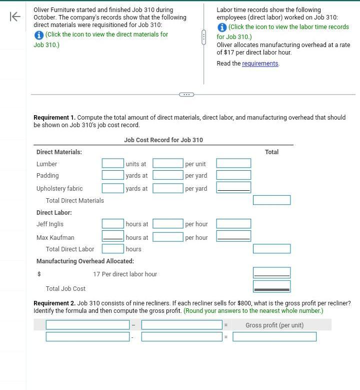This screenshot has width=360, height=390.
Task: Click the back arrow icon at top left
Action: (x=15, y=17)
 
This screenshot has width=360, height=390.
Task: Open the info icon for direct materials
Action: (x=38, y=35)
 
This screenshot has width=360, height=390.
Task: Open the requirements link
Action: (x=260, y=64)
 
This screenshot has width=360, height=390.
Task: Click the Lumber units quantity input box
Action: (x=112, y=163)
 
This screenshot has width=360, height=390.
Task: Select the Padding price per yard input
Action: (x=167, y=175)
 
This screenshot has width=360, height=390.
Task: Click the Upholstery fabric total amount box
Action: (x=233, y=187)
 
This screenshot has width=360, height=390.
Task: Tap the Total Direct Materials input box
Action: (x=271, y=200)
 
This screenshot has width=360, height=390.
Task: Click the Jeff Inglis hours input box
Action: (x=112, y=224)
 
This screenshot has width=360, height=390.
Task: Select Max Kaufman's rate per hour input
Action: (x=167, y=237)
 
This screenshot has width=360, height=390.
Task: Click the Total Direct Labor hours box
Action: (x=112, y=249)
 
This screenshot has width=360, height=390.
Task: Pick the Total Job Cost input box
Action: (x=271, y=287)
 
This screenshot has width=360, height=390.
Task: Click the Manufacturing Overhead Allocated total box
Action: (x=271, y=273)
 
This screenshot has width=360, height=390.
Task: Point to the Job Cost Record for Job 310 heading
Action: (x=163, y=140)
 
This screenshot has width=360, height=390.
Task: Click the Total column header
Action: (x=271, y=152)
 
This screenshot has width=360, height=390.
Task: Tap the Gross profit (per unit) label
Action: (x=274, y=325)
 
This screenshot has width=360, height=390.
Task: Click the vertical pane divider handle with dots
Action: (x=203, y=37)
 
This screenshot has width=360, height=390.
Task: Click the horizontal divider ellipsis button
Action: (x=186, y=94)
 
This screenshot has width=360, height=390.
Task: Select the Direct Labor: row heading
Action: (x=54, y=213)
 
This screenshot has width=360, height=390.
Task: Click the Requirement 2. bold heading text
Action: (x=54, y=303)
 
